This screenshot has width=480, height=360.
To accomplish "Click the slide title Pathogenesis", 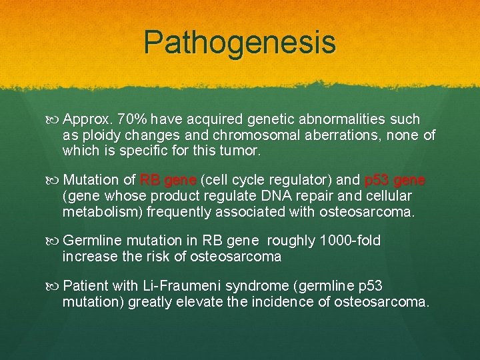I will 240,42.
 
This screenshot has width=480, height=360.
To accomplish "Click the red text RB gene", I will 167,180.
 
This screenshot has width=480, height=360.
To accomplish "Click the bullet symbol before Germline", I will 55,241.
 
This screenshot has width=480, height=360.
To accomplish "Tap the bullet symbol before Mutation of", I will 55,180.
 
